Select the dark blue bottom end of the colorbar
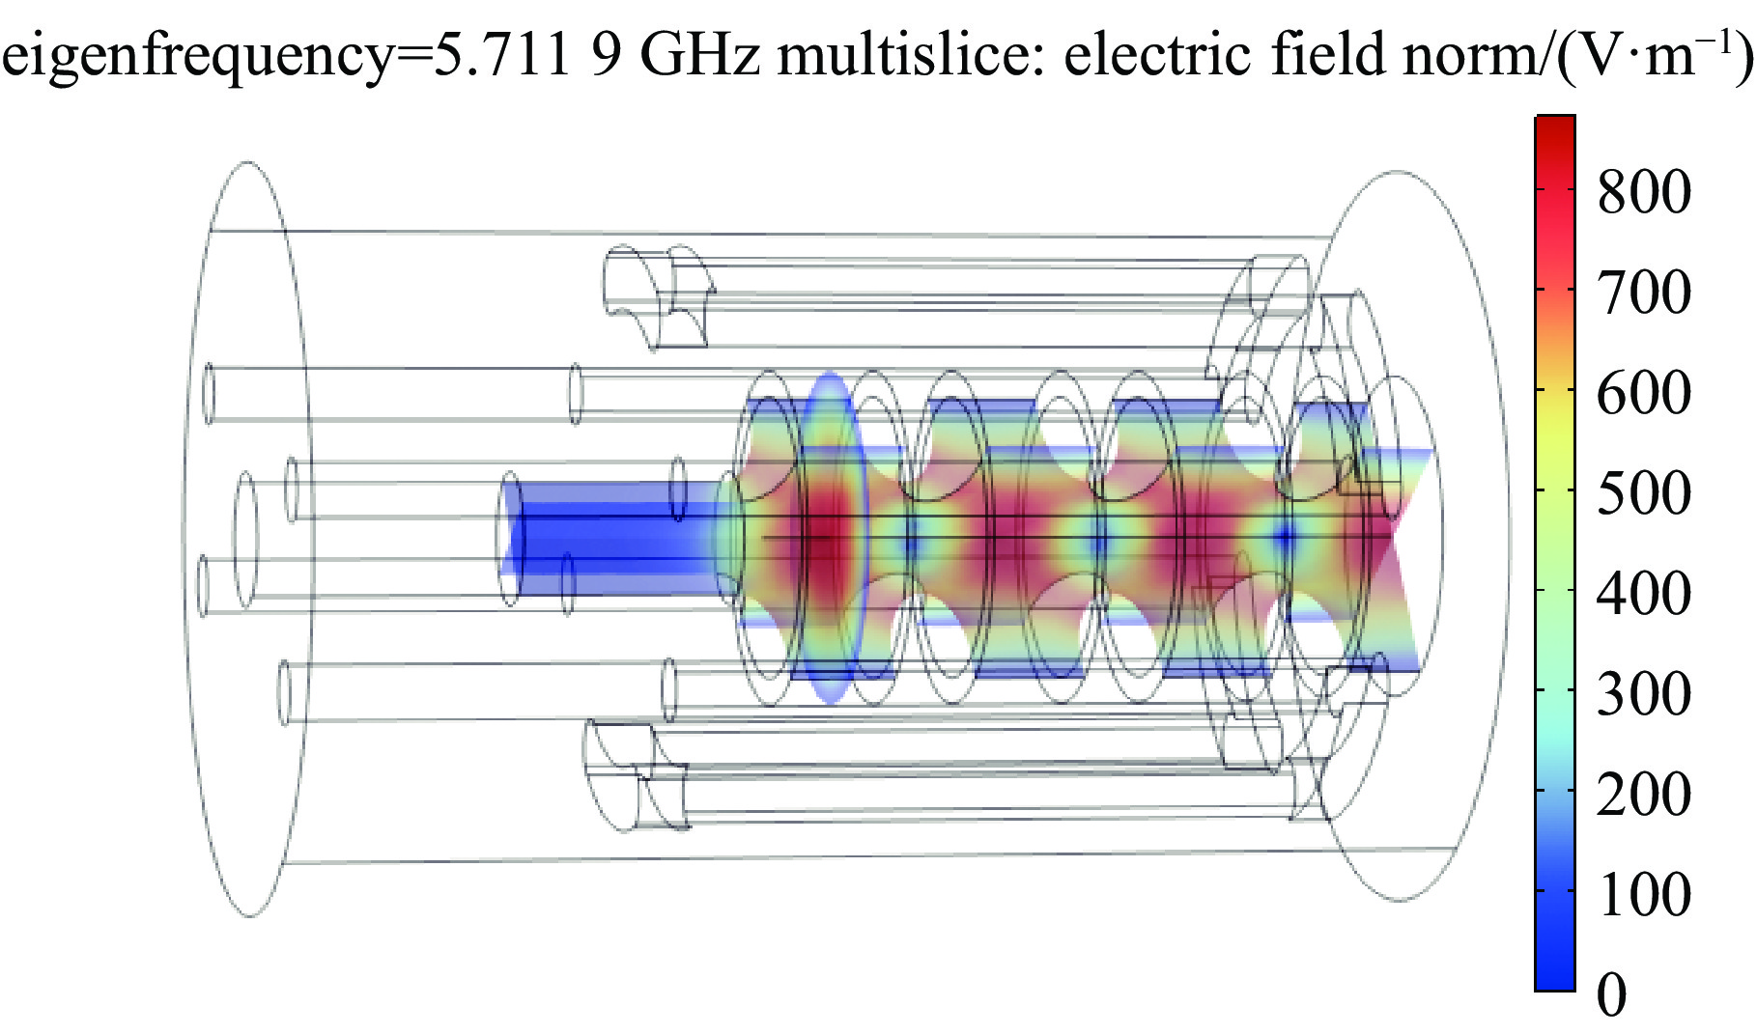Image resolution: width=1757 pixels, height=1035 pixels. tap(1555, 980)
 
